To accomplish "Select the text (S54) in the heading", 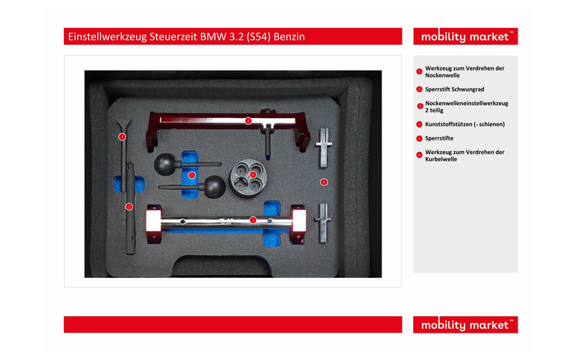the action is pyautogui.click(x=258, y=37).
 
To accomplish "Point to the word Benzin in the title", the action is pyautogui.click(x=289, y=37).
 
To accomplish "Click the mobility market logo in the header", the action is pyautogui.click(x=465, y=37).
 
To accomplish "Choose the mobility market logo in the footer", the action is pyautogui.click(x=465, y=325).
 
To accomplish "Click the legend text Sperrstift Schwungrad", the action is pyautogui.click(x=454, y=89).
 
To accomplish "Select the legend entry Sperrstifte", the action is pyautogui.click(x=439, y=138).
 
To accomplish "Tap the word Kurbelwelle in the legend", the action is pyautogui.click(x=441, y=159).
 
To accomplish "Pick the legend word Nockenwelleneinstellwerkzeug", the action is pyautogui.click(x=467, y=103).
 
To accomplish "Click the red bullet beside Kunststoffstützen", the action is pyautogui.click(x=419, y=124).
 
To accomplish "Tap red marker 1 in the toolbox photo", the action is pyautogui.click(x=122, y=137).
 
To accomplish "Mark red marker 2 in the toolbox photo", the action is pyautogui.click(x=129, y=207).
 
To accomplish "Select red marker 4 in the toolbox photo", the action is pyautogui.click(x=323, y=182).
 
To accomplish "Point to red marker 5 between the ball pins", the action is pyautogui.click(x=192, y=175).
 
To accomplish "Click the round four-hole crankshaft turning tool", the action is pyautogui.click(x=248, y=178).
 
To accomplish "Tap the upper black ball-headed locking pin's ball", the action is pyautogui.click(x=165, y=164).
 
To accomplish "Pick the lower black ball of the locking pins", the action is pyautogui.click(x=214, y=186).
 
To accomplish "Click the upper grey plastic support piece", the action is pyautogui.click(x=323, y=148).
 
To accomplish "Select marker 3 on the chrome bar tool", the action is pyautogui.click(x=253, y=220).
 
